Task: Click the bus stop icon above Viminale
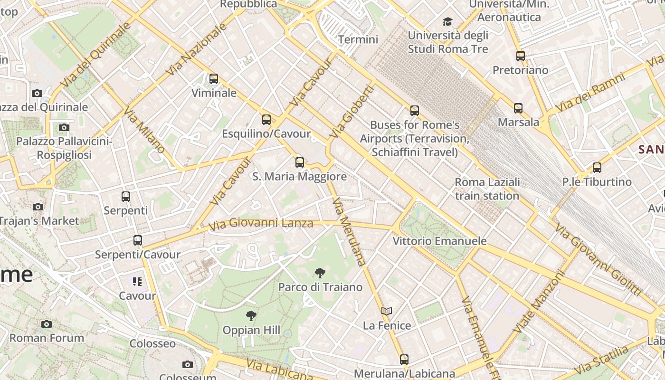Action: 214,79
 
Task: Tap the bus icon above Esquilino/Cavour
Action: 266,120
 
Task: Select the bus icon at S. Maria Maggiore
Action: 300,162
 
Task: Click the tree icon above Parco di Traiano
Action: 320,273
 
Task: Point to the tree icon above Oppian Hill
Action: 251,316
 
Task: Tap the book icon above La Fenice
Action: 387,312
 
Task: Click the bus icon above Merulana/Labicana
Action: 404,360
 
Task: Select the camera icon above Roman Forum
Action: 47,324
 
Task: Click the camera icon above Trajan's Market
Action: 38,207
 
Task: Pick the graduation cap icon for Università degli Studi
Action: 447,21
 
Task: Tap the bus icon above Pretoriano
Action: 521,56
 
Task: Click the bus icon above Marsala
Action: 518,108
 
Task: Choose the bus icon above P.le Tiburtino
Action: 597,168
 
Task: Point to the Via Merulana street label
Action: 349,232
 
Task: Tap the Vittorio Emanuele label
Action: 439,241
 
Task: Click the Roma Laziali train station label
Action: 487,189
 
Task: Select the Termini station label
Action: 358,39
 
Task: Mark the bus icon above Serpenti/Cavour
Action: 138,240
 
